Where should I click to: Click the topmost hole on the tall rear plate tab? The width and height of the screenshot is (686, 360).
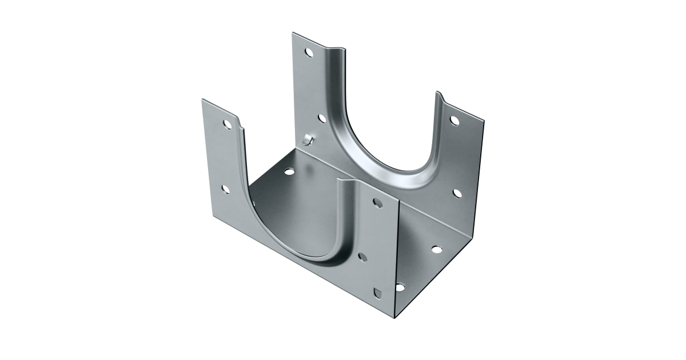[x=309, y=53]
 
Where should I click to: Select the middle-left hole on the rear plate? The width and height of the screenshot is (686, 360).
[x=322, y=118]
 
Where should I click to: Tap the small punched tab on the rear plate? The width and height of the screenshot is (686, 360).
[x=308, y=138]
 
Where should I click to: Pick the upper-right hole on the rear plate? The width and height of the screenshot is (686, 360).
[x=454, y=121]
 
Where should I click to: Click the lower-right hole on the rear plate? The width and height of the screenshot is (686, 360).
[x=457, y=193]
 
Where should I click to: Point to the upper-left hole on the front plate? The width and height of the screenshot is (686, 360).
[x=228, y=124]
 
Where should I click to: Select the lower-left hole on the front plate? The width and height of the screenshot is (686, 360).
[x=226, y=189]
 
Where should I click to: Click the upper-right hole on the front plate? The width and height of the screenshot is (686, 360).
[x=378, y=203]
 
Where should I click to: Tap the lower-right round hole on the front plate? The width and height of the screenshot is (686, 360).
[x=362, y=257]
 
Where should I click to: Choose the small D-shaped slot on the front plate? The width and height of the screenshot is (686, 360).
[x=376, y=293]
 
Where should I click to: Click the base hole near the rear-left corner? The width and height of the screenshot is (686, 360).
[x=289, y=171]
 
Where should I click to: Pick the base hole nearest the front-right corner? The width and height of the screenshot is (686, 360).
[x=400, y=287]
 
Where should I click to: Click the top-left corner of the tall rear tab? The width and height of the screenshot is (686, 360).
[x=293, y=33]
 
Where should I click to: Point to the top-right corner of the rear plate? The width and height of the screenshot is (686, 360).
[x=484, y=121]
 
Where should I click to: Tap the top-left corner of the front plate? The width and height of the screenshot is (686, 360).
[x=202, y=99]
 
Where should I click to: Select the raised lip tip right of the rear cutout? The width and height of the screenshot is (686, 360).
[x=439, y=92]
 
